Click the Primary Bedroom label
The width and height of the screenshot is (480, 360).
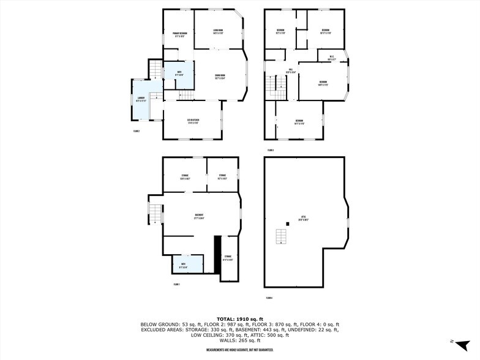pyautogui.click(x=179, y=34)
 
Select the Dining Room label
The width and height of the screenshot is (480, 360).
pyautogui.click(x=220, y=77)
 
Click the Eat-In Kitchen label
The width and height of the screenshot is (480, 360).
pyautogui.click(x=194, y=121)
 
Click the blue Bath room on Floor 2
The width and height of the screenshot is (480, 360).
pyautogui.click(x=179, y=74)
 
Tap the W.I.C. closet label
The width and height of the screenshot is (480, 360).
pyautogui.click(x=331, y=58)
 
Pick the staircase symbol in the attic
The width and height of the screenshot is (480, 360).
pyautogui.click(x=282, y=236)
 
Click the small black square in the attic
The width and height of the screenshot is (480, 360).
pyautogui.click(x=288, y=223)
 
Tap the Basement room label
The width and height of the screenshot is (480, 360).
pyautogui.click(x=199, y=215)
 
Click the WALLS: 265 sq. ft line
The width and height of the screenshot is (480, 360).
pyautogui.click(x=239, y=340)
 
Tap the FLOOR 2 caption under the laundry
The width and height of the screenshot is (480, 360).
pyautogui.click(x=137, y=131)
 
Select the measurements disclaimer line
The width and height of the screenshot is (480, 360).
pyautogui.click(x=239, y=350)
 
